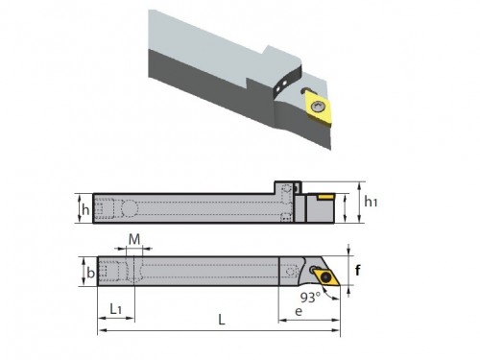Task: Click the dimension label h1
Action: [x=371, y=202]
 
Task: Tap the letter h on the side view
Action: [x=85, y=210]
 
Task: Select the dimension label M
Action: [x=134, y=239]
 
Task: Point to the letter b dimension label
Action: [x=91, y=273]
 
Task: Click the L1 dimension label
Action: [x=115, y=309]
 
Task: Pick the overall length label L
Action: [x=222, y=320]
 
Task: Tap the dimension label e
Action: [x=299, y=311]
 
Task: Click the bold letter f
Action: [x=358, y=271]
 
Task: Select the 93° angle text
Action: [x=310, y=298]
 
